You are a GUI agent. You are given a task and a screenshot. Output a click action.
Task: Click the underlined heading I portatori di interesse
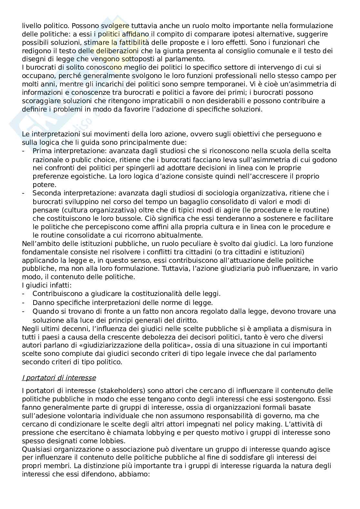pyautogui.click(x=59, y=377)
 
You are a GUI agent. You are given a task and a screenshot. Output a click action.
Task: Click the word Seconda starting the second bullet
pyautogui.click(x=46, y=193)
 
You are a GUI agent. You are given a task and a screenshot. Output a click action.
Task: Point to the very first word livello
pyautogui.click(x=31, y=25)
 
